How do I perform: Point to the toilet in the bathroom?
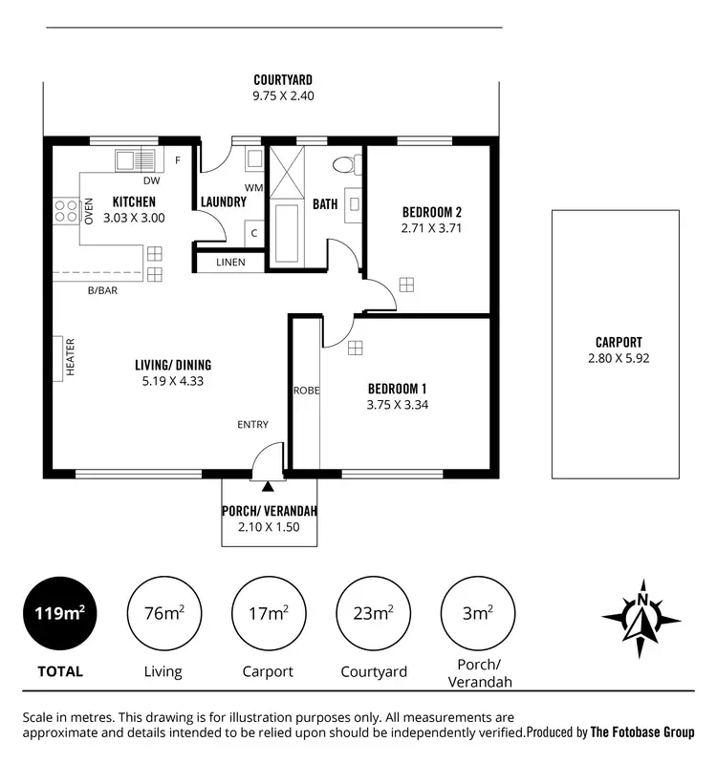[345, 164]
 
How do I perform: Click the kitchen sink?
[135, 159]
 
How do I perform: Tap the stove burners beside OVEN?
[66, 210]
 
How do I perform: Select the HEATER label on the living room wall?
[70, 356]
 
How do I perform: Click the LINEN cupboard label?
[230, 262]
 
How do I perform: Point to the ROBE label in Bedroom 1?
[306, 391]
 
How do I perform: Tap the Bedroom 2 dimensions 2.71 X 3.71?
[432, 228]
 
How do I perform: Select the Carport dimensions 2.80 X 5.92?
[619, 358]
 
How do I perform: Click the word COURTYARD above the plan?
[283, 80]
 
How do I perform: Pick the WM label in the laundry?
[253, 187]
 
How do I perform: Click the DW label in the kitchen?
[151, 180]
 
